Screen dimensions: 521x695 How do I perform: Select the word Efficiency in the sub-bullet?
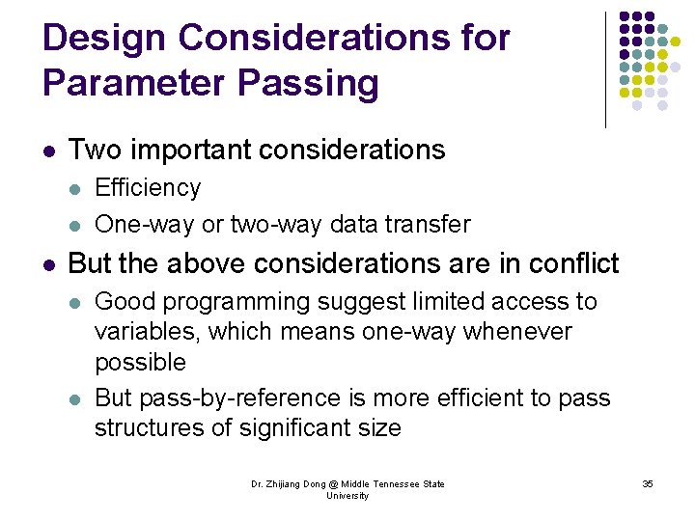pos(148,187)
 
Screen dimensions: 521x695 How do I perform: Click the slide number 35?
pos(648,483)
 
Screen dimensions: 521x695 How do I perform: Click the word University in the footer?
pos(347,496)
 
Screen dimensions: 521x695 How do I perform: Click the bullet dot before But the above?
pos(49,263)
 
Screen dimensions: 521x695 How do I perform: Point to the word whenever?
pos(517,332)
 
